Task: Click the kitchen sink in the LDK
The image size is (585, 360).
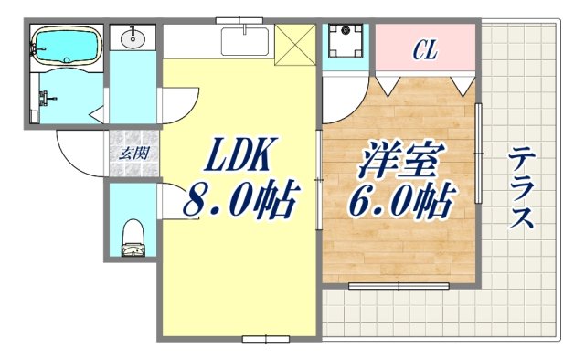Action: [245, 41]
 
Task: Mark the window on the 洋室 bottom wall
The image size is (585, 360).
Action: [399, 286]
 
